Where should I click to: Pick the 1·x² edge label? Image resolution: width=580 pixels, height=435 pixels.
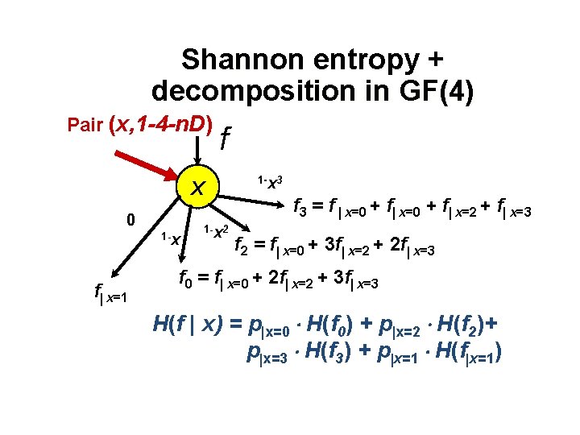tap(215, 231)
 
